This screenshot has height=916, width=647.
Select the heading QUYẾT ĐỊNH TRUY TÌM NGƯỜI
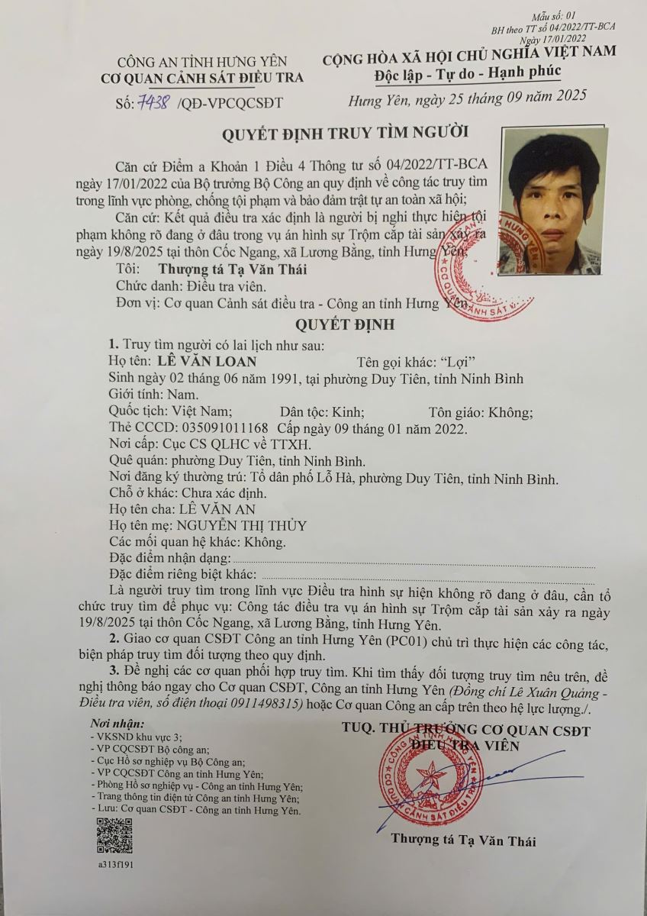[x=345, y=133]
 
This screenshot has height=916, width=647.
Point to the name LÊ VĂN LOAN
[x=207, y=361]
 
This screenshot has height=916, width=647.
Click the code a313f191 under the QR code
[x=114, y=866]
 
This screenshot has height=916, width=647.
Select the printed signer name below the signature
[x=463, y=841]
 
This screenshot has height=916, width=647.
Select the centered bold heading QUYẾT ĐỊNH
[x=345, y=324]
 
